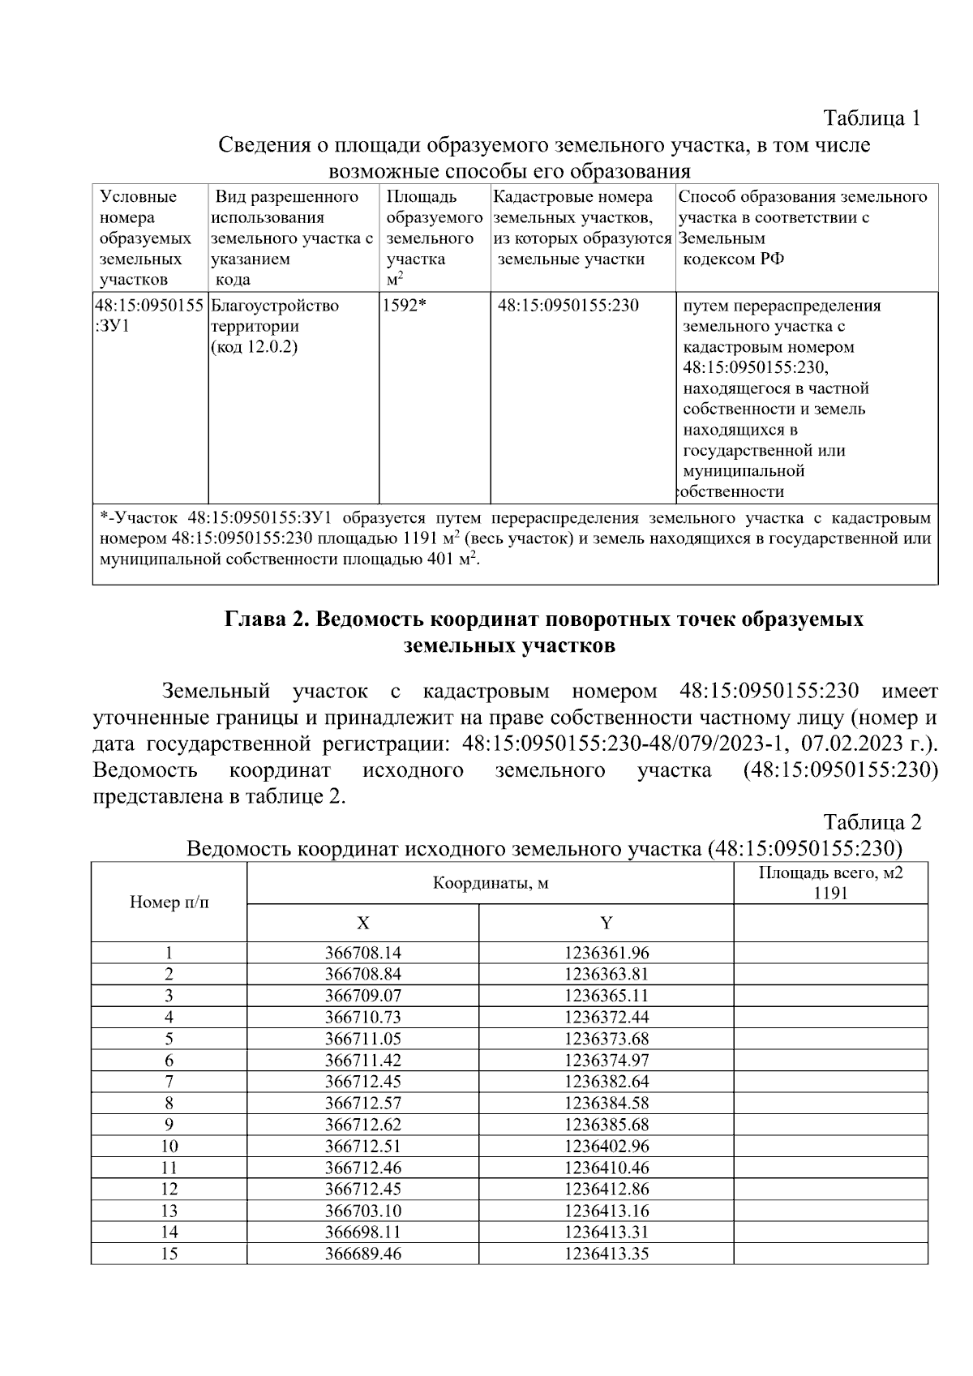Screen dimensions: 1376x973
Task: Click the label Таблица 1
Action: pos(872,118)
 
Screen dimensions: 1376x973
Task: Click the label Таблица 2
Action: pos(872,822)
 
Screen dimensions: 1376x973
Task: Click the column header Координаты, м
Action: pos(490,883)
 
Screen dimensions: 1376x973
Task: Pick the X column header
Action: pos(362,924)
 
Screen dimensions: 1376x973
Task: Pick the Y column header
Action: pos(606,924)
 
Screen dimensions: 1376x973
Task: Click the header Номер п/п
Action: pos(169,902)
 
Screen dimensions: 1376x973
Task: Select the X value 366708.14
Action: pos(362,953)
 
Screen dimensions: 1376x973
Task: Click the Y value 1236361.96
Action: pos(606,953)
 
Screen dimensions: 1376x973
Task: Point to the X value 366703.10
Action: pos(362,1211)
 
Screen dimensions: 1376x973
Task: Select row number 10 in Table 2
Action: pos(169,1147)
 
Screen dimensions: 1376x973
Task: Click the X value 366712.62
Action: pos(362,1125)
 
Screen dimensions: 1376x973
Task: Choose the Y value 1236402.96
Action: pos(606,1147)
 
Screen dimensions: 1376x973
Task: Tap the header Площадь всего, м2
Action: pos(830,873)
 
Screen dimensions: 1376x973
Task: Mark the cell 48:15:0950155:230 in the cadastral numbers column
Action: pos(568,306)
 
